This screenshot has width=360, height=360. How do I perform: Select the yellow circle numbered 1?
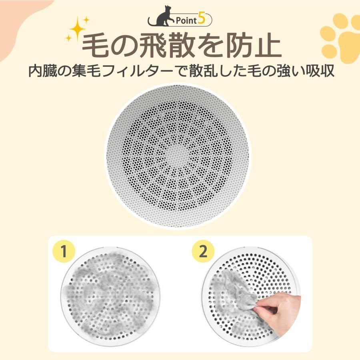[x=62, y=251]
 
